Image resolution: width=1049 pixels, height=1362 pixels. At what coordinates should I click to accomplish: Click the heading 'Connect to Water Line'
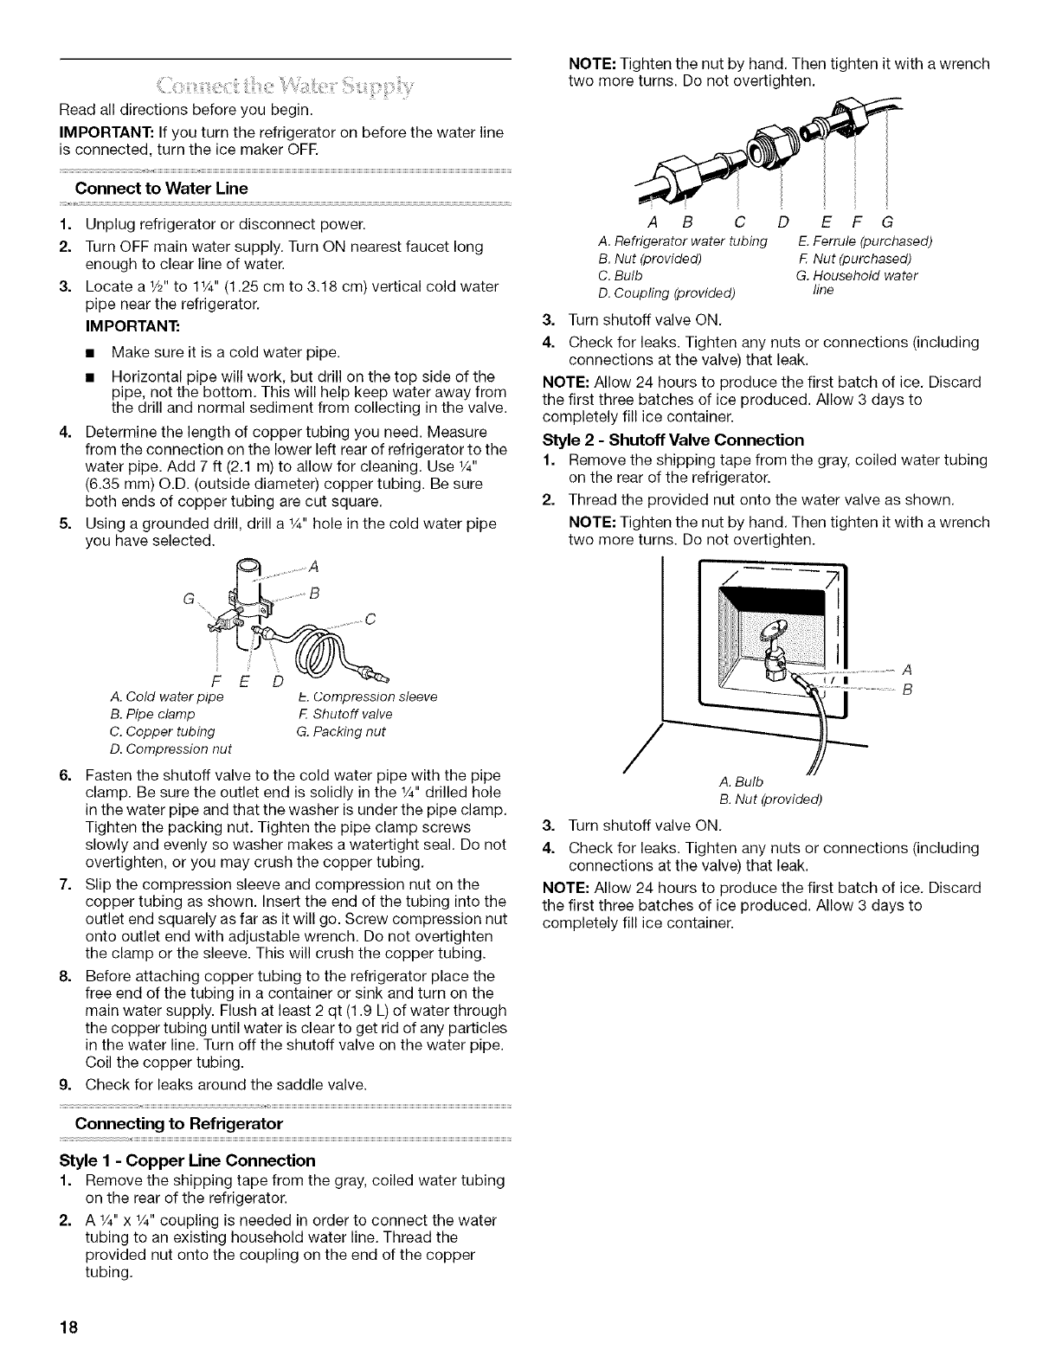(x=162, y=189)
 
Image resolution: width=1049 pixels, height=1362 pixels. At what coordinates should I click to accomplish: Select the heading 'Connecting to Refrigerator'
(x=179, y=1123)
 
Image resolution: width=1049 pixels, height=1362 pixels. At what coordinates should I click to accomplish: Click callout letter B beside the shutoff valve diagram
(x=906, y=690)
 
